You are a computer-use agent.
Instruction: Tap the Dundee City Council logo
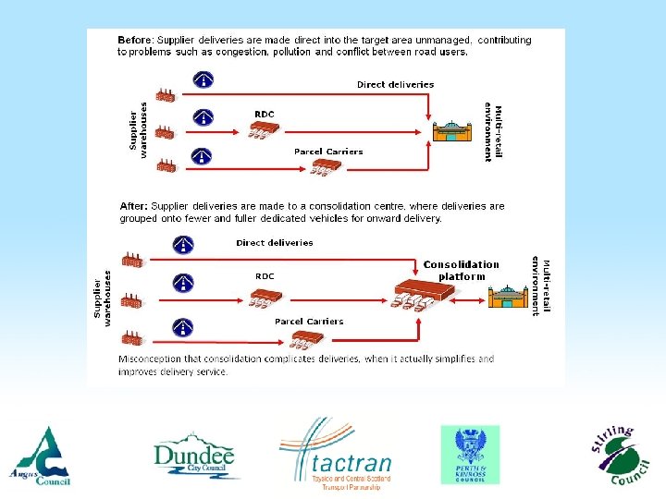[195, 456]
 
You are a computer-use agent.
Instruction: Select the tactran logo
[338, 456]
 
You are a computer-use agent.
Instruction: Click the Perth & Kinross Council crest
[469, 455]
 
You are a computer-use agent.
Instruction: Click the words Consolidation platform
[461, 270]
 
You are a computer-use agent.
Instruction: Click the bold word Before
[135, 41]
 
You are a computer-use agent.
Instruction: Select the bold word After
[133, 206]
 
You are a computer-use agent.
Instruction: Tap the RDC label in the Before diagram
[265, 114]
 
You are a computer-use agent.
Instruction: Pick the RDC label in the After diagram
[265, 275]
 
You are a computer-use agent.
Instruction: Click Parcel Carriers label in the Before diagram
[328, 152]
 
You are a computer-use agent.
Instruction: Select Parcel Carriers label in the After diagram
[309, 322]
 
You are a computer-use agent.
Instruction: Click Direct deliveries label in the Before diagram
[395, 84]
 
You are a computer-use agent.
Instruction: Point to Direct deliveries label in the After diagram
[275, 243]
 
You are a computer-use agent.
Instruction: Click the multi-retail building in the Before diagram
[456, 130]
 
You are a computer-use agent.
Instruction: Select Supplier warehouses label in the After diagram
[101, 298]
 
